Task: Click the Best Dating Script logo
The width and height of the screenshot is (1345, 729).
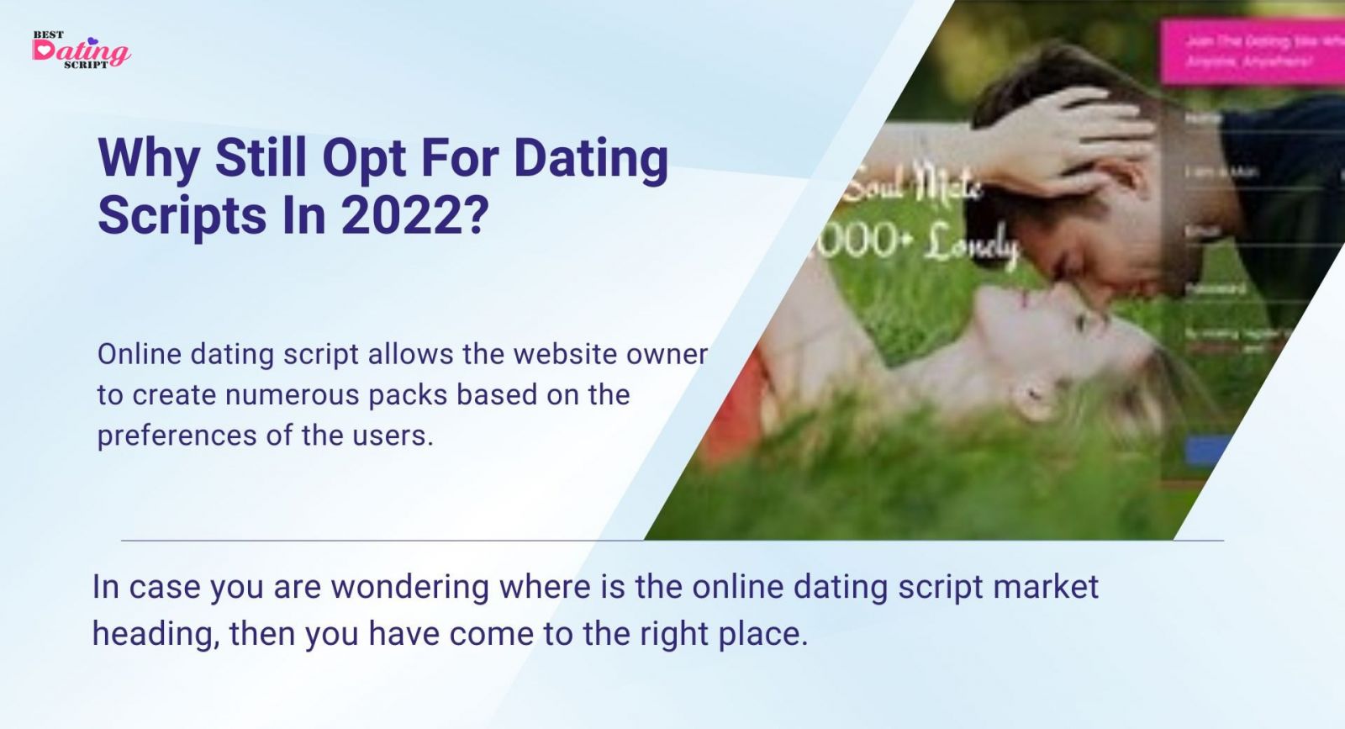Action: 81,50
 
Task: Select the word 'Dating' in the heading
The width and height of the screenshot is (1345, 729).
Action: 591,158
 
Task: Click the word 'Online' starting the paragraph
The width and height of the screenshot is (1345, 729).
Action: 140,354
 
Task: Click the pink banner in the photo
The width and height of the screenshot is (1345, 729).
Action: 1253,50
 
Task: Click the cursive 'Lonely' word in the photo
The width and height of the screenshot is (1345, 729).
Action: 971,246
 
